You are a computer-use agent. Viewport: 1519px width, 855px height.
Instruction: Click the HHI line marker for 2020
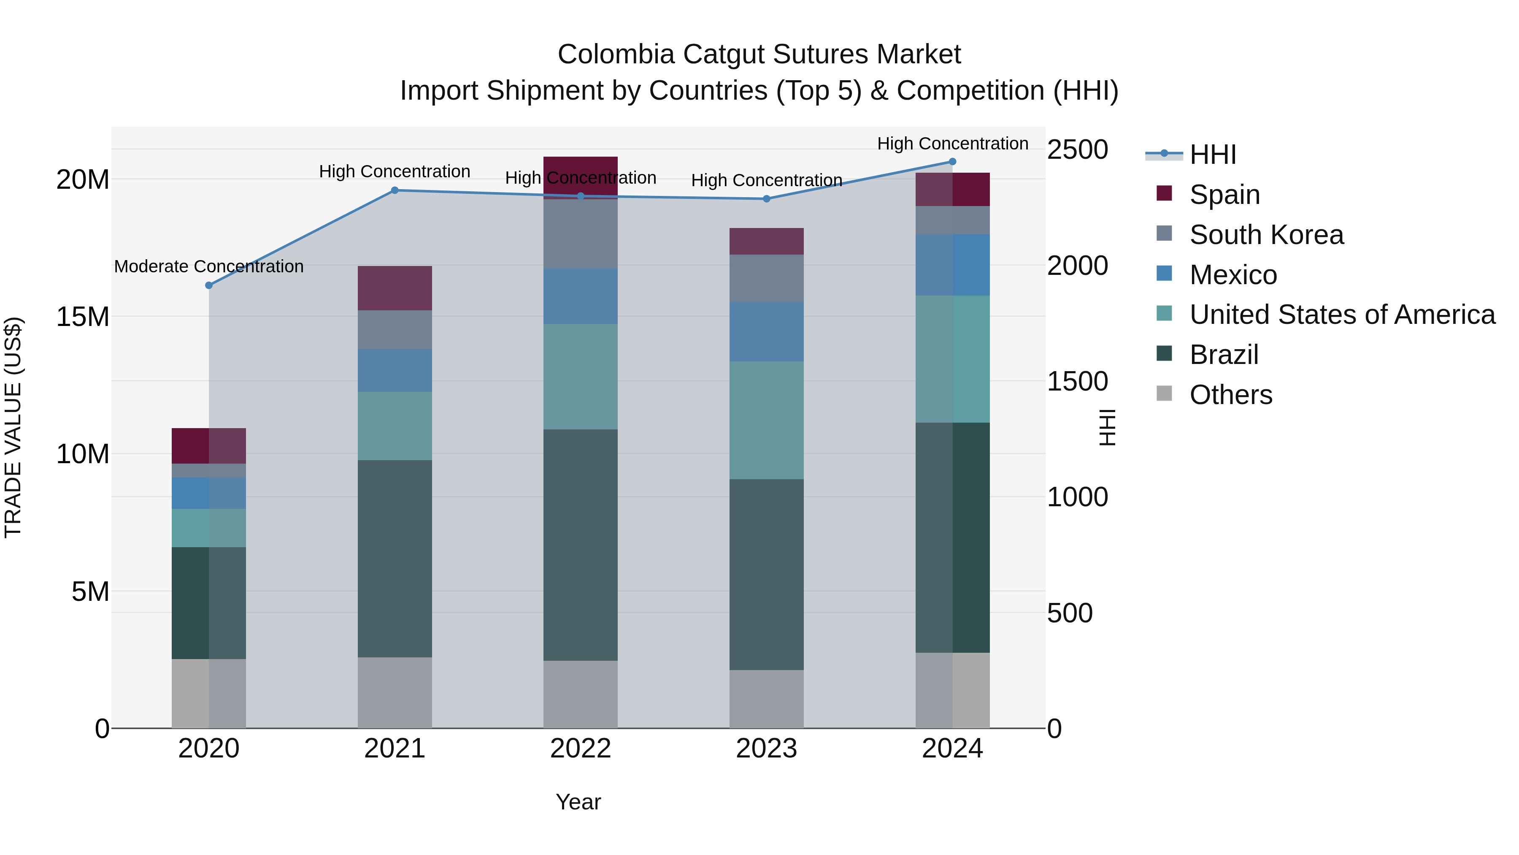pyautogui.click(x=209, y=285)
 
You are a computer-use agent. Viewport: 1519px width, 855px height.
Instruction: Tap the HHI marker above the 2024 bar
pyautogui.click(x=952, y=162)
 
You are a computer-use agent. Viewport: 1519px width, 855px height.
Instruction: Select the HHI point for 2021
pyautogui.click(x=395, y=190)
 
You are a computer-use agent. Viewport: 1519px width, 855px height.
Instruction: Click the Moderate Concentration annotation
pyautogui.click(x=209, y=267)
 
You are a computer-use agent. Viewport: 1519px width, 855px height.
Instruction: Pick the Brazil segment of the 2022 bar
pyautogui.click(x=580, y=545)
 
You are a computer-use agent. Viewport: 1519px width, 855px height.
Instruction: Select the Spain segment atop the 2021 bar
pyautogui.click(x=395, y=288)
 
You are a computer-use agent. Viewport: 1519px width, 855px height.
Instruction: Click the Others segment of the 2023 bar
pyautogui.click(x=766, y=699)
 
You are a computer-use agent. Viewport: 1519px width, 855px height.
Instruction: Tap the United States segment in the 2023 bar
pyautogui.click(x=766, y=420)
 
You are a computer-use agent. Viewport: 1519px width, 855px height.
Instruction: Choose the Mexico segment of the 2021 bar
pyautogui.click(x=395, y=371)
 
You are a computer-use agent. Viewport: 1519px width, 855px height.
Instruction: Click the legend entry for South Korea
pyautogui.click(x=1266, y=235)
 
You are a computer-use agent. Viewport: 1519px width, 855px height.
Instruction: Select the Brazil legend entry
pyautogui.click(x=1224, y=355)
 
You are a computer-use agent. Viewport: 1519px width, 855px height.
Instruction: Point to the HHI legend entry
pyautogui.click(x=1212, y=155)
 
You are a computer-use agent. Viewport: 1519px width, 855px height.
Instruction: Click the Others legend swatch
pyautogui.click(x=1164, y=394)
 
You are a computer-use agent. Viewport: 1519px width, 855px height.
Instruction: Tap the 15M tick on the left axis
pyautogui.click(x=83, y=317)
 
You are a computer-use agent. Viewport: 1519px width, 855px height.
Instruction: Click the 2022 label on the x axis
pyautogui.click(x=580, y=749)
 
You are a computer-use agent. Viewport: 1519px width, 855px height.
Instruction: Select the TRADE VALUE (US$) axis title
pyautogui.click(x=13, y=427)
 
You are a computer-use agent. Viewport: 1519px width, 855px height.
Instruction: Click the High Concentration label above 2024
pyautogui.click(x=952, y=144)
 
